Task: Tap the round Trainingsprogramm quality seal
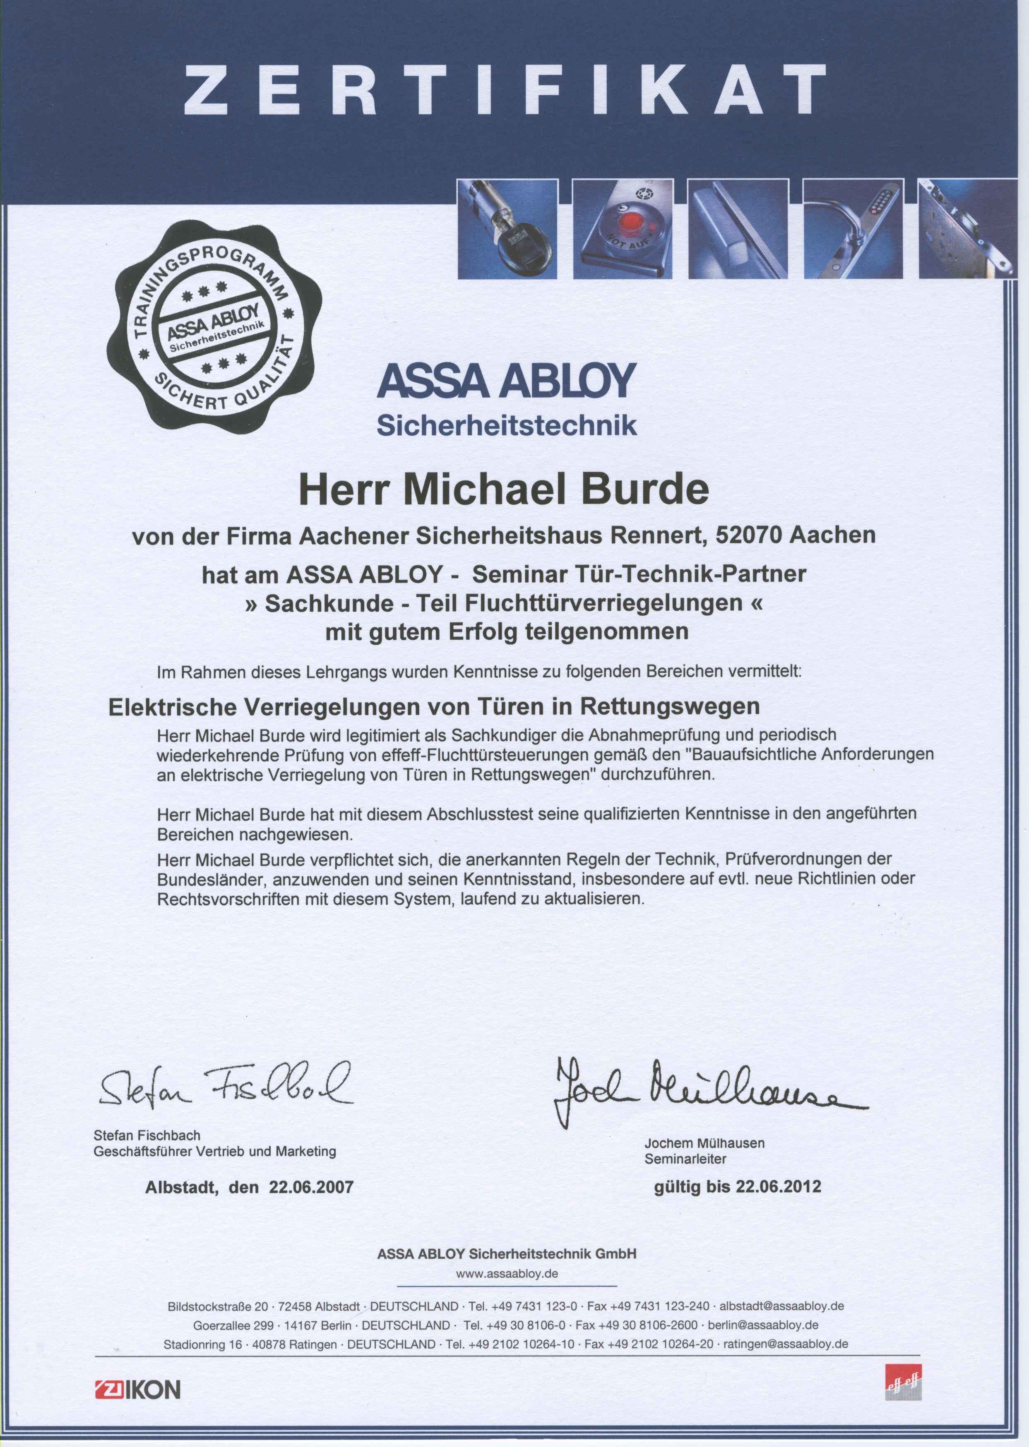point(214,332)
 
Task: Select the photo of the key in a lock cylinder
point(507,229)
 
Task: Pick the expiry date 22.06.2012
point(778,1186)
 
